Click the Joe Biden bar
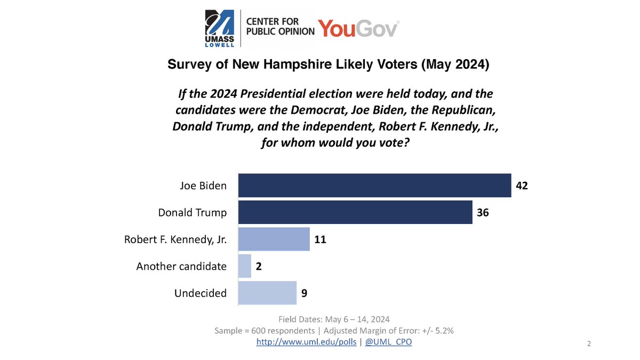click(374, 186)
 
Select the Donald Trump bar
click(355, 212)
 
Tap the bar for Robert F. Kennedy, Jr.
click(274, 239)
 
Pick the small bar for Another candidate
click(244, 266)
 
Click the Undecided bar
click(267, 292)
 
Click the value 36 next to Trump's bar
click(483, 212)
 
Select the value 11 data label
click(320, 239)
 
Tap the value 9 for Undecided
click(304, 293)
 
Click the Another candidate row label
click(181, 266)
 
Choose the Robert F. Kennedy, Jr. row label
click(175, 239)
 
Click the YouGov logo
click(358, 28)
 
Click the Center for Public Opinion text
click(279, 26)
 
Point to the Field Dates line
click(334, 319)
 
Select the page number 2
click(589, 343)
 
